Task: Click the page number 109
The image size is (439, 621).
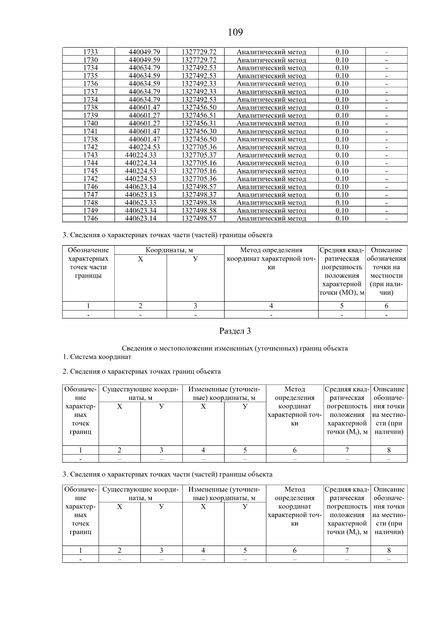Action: pos(235,33)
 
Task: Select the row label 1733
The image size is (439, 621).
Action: pos(90,52)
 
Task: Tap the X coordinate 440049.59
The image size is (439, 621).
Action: pos(144,60)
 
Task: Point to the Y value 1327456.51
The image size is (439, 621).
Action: pos(199,116)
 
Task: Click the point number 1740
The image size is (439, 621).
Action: pos(90,124)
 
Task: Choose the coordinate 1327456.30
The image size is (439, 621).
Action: pos(199,131)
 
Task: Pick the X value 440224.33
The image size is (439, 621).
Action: pos(140,155)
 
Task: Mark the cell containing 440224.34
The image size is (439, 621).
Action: pos(140,163)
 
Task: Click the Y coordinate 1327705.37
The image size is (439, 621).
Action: pos(199,155)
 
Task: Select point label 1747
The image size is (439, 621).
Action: pos(90,195)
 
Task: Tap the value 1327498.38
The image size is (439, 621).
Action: pos(199,203)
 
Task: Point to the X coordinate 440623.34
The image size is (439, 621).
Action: pos(140,211)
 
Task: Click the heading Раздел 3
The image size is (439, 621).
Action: pos(235,331)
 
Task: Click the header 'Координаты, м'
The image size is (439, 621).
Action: pos(169,250)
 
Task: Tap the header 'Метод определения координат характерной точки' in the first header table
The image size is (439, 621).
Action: pos(271,259)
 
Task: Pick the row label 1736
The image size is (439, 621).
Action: pos(90,84)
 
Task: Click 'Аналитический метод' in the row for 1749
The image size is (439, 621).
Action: pos(271,211)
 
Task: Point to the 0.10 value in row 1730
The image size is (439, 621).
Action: pos(342,60)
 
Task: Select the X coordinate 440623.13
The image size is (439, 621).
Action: pos(140,195)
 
